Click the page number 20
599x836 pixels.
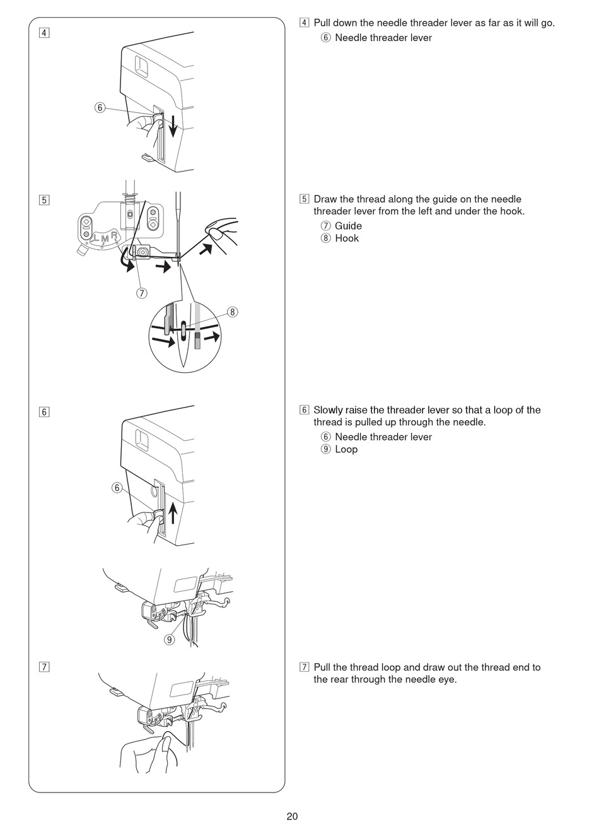pos(292,816)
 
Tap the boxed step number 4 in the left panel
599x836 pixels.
pos(44,32)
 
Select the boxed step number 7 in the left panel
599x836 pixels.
pos(44,667)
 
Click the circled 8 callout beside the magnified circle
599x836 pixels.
pos(232,312)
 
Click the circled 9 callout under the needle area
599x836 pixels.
pos(169,639)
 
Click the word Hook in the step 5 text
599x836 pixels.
pos(347,238)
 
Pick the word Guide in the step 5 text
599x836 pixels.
pos(348,226)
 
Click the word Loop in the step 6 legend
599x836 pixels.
pos(346,449)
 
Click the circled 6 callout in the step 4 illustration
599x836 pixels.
pos(100,107)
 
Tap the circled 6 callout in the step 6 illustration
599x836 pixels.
pos(117,487)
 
